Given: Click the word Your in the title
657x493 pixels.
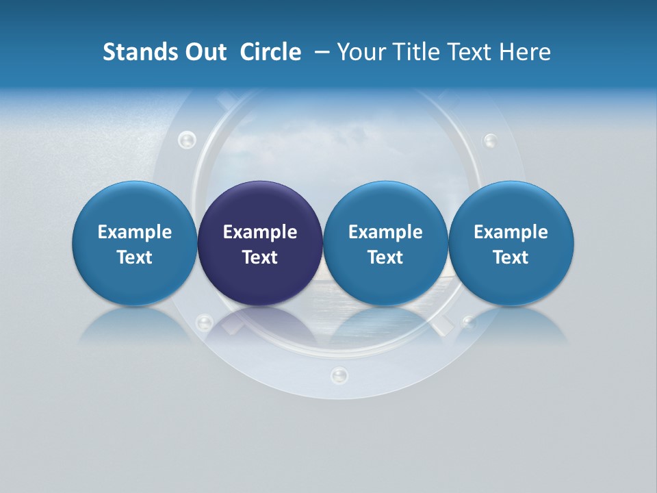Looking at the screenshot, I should point(361,52).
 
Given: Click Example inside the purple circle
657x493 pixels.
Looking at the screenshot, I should point(260,232).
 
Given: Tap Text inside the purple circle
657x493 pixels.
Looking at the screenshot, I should point(260,257).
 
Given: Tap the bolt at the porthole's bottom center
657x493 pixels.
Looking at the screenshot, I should point(339,375).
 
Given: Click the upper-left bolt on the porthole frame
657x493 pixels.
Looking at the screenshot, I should point(186,140).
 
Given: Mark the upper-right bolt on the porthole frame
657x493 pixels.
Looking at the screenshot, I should point(491,141).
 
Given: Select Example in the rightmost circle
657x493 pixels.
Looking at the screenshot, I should point(511,232).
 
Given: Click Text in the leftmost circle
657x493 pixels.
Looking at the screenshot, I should point(134,257).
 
